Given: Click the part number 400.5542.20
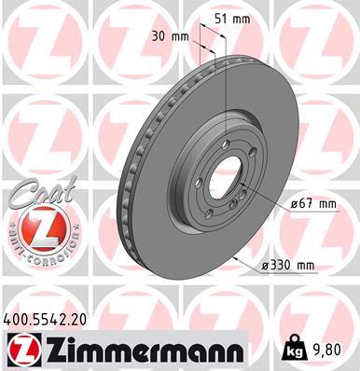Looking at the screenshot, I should pyautogui.click(x=46, y=319).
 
